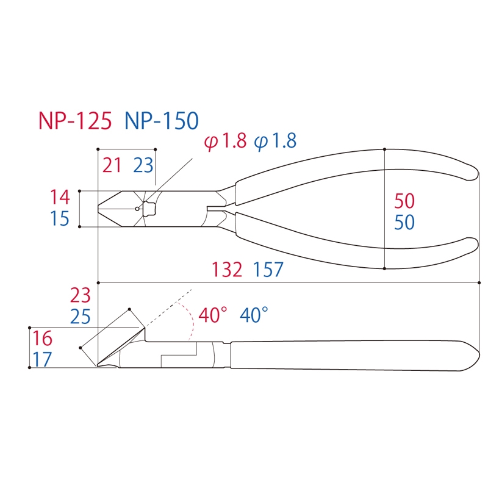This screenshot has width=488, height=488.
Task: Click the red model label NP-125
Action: tap(75, 120)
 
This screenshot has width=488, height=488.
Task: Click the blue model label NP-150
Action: tap(162, 120)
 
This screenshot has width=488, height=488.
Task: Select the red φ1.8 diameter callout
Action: tap(225, 141)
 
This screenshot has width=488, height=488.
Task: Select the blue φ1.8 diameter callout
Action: tap(275, 141)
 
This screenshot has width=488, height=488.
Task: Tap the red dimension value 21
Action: tap(112, 165)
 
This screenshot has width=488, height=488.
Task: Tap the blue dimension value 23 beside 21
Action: tap(143, 165)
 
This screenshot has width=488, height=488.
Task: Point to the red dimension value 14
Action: tap(60, 197)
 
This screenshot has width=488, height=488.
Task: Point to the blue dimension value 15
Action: tap(60, 218)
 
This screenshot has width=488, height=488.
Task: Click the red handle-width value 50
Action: tap(404, 201)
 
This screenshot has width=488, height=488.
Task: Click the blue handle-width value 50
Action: tap(404, 222)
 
